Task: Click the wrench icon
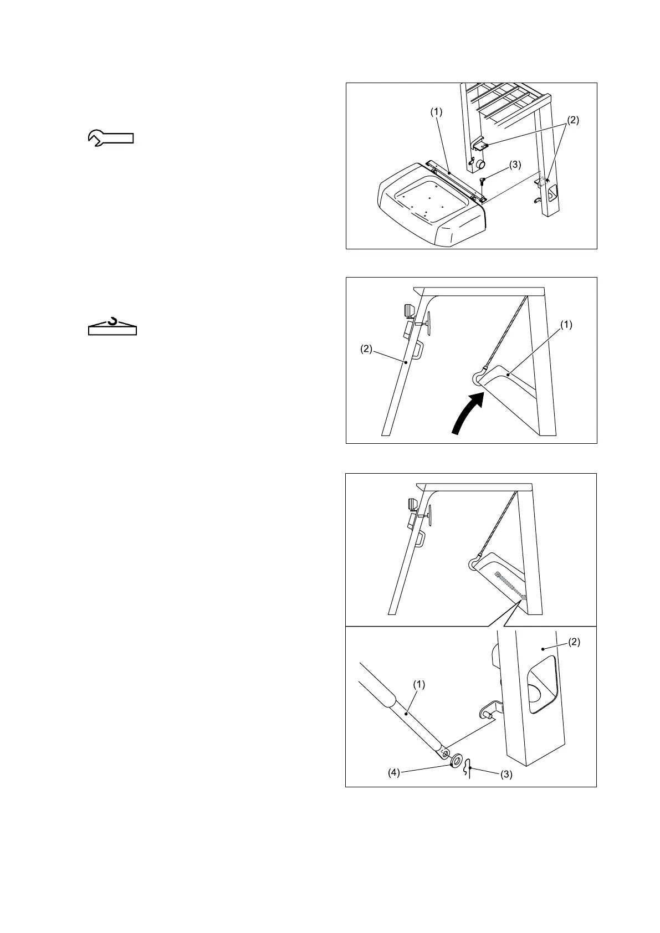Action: pyautogui.click(x=111, y=137)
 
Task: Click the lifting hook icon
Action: pyautogui.click(x=112, y=327)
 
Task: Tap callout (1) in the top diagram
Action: pyautogui.click(x=437, y=111)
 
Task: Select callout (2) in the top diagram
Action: pyautogui.click(x=573, y=120)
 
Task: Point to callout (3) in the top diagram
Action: pyautogui.click(x=515, y=165)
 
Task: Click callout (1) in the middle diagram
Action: pyautogui.click(x=566, y=325)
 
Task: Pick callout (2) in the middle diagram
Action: pyautogui.click(x=367, y=350)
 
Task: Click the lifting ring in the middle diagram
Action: pyautogui.click(x=478, y=377)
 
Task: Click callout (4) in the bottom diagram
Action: pyautogui.click(x=393, y=772)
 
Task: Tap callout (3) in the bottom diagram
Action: pyautogui.click(x=506, y=775)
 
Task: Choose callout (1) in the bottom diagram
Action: pyautogui.click(x=419, y=684)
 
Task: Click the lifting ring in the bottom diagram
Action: pyautogui.click(x=472, y=564)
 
